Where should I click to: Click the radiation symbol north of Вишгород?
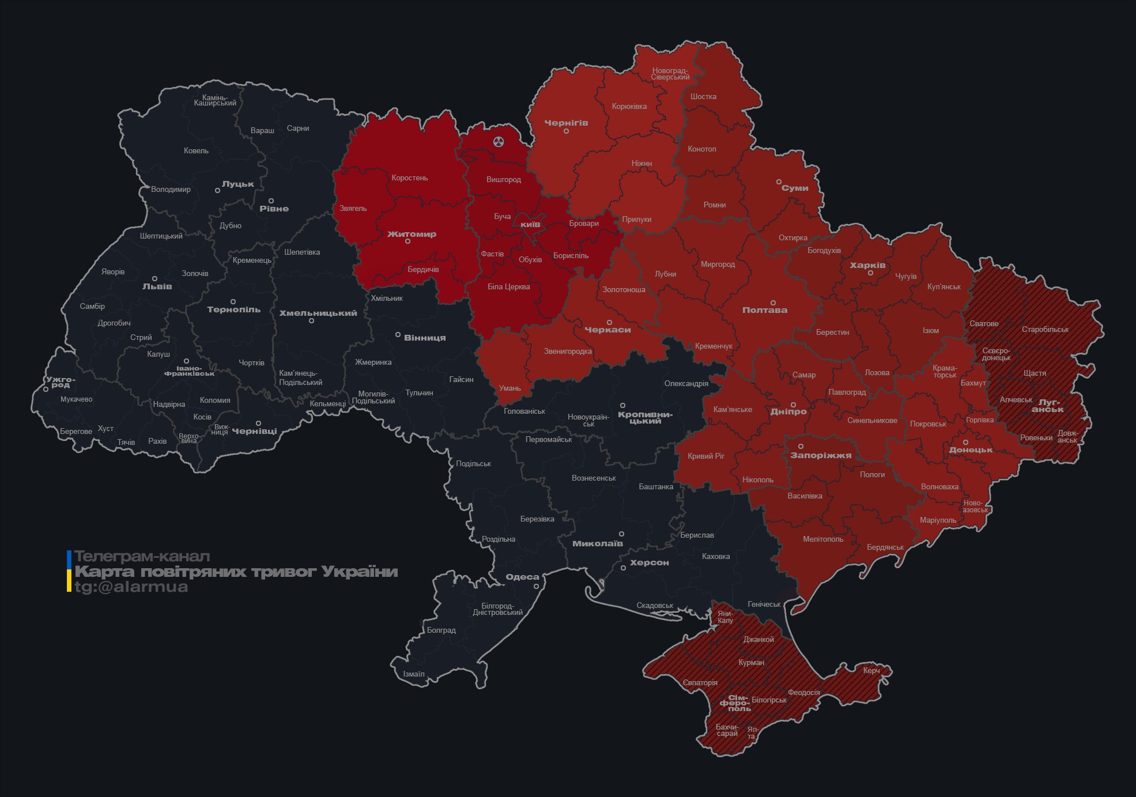[499, 141]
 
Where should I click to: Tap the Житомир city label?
[412, 234]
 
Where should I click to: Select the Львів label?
[157, 286]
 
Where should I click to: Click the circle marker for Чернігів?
[566, 131]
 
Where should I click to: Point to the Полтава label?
[764, 310]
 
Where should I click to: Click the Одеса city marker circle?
[536, 586]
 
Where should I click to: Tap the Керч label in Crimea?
[871, 670]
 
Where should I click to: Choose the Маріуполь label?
[938, 520]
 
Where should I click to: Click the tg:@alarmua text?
[131, 587]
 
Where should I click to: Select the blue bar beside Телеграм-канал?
[69, 558]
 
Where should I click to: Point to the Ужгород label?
[61, 382]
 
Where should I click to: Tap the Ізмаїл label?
[413, 674]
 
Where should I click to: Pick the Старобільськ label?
[1045, 330]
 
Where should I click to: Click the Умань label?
[509, 388]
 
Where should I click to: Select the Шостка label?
[703, 97]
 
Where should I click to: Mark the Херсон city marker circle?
[623, 568]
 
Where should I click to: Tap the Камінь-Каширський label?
[215, 100]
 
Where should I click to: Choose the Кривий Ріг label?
[705, 456]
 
